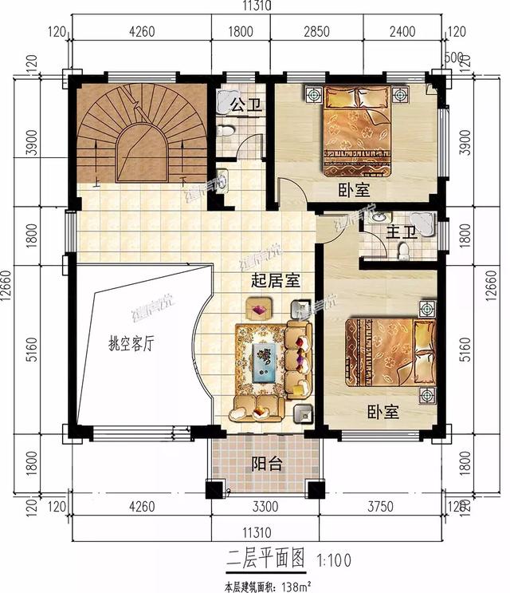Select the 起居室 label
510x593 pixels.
coord(274,281)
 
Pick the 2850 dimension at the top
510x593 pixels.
coord(316,33)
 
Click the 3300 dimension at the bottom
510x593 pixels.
coord(266,504)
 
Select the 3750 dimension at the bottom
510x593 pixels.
coord(385,504)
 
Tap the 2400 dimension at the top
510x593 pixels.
coord(402,33)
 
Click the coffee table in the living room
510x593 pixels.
coord(263,360)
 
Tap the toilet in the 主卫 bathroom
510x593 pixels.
coord(403,251)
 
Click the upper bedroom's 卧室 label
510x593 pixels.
coord(353,190)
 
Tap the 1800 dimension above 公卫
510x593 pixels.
coord(240,33)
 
